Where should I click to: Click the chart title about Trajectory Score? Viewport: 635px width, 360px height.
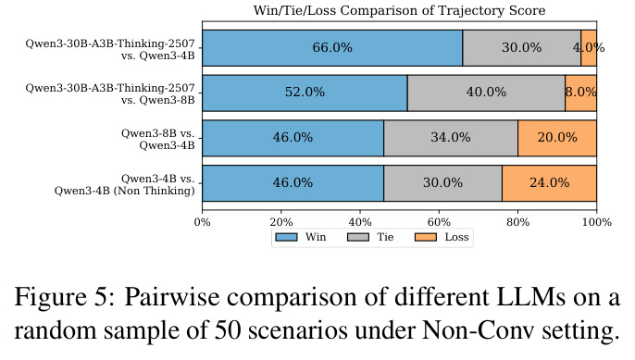tap(399, 10)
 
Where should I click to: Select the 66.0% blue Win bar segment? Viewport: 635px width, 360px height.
tap(332, 48)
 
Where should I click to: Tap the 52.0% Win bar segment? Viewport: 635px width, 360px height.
tap(305, 93)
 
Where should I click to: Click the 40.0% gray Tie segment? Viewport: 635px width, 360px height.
tap(486, 93)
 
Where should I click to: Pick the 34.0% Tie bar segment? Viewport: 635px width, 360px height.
tap(451, 138)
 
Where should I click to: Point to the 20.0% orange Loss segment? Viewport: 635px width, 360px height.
tap(557, 138)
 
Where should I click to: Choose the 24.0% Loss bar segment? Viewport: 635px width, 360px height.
tap(550, 183)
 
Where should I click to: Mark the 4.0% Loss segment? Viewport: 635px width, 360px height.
tap(589, 48)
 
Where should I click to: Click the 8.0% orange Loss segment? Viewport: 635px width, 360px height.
tap(580, 93)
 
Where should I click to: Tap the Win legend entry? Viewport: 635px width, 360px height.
tap(301, 237)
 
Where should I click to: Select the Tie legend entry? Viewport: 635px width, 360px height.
tap(370, 237)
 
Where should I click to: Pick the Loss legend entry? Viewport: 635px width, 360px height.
tap(442, 237)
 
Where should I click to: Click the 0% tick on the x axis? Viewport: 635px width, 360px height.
tap(203, 222)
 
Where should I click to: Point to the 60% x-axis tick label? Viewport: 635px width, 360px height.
tap(439, 222)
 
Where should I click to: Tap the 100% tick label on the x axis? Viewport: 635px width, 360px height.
tap(596, 222)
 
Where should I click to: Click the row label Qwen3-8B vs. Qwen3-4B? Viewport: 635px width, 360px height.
tap(158, 139)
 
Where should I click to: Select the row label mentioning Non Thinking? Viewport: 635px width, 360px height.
tap(125, 185)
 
